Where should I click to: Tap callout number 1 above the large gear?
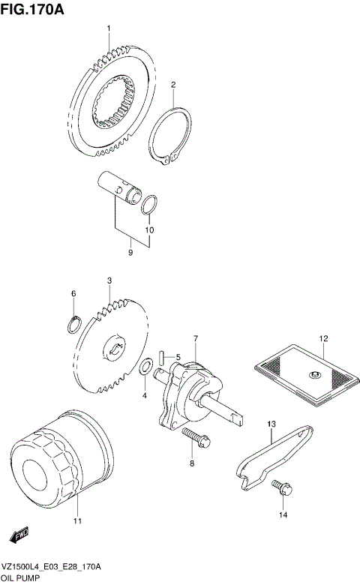(x=108, y=28)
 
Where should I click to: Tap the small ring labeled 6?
(x=73, y=325)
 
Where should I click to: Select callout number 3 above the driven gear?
(x=109, y=280)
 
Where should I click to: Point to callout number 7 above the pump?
(x=195, y=339)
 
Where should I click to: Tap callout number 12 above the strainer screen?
(x=324, y=338)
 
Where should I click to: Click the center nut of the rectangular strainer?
(x=315, y=375)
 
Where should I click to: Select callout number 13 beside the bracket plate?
(x=271, y=424)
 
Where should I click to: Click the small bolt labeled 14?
(x=280, y=486)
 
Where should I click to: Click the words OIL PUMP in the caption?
(x=23, y=579)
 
